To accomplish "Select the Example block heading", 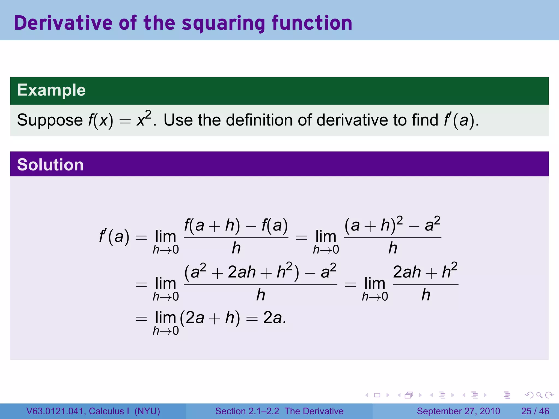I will (51, 90).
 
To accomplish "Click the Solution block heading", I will (50, 165).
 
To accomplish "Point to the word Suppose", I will (50, 120).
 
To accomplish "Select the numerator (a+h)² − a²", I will (393, 225).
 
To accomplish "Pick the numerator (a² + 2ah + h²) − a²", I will (260, 272).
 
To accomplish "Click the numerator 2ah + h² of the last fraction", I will (425, 272).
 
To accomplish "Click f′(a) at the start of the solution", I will (114, 237).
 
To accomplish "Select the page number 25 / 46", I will (535, 411).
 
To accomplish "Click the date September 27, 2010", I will (458, 411).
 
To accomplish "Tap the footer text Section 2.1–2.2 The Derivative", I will (279, 411).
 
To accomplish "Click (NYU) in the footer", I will (147, 411).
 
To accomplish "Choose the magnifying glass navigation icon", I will (539, 395).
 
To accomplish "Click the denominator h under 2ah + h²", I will (426, 295).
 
